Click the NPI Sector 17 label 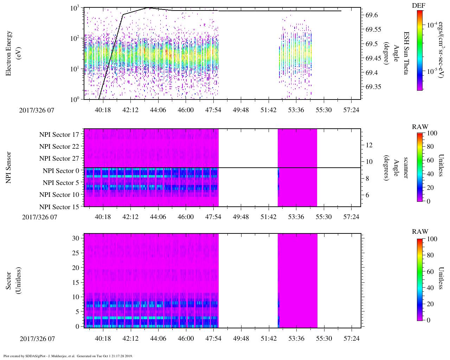pyautogui.click(x=59, y=134)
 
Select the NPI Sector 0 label pyautogui.click(x=61, y=171)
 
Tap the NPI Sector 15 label pyautogui.click(x=59, y=207)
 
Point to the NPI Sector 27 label pyautogui.click(x=59, y=159)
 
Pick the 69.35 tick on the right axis pyautogui.click(x=373, y=87)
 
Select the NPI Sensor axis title pyautogui.click(x=9, y=167)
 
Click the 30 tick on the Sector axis pyautogui.click(x=76, y=238)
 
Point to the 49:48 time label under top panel pyautogui.click(x=241, y=110)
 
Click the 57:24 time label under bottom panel pyautogui.click(x=352, y=339)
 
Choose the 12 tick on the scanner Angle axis pyautogui.click(x=369, y=145)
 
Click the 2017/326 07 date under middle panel pyautogui.click(x=39, y=217)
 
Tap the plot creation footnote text pyautogui.click(x=68, y=356)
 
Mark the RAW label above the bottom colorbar pyautogui.click(x=420, y=231)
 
